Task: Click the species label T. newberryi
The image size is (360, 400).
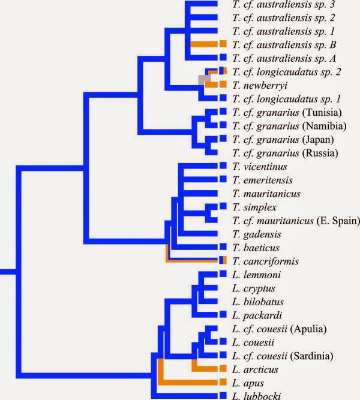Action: tap(260, 86)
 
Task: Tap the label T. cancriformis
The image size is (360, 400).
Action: tap(265, 261)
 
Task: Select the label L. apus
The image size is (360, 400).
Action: tap(248, 383)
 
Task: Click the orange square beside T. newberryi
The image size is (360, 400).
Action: tap(223, 84)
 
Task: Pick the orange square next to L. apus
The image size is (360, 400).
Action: tap(223, 382)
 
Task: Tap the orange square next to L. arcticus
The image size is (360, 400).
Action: tap(223, 368)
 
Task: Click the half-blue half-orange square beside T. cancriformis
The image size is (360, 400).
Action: tap(223, 260)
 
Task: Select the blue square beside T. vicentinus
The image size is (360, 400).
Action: tap(223, 166)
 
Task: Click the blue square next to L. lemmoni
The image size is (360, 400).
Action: tap(223, 273)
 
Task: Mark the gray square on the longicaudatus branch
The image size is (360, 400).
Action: tap(204, 80)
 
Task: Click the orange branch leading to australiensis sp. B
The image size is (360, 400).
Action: tap(204, 44)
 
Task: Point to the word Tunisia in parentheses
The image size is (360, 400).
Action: tap(322, 113)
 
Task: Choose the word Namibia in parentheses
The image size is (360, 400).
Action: tap(324, 126)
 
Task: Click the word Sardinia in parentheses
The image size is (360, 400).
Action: tap(312, 356)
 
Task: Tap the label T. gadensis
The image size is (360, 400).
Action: tap(257, 234)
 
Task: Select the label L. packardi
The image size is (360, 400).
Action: tap(257, 315)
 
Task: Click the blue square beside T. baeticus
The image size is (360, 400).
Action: tap(223, 246)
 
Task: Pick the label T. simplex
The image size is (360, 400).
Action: tap(254, 207)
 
